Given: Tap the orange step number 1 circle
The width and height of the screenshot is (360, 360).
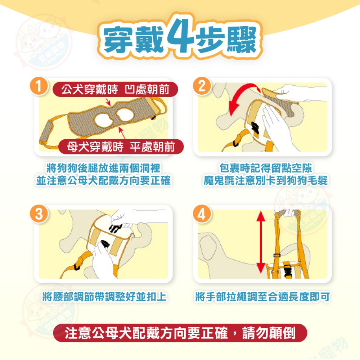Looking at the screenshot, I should coord(40,87).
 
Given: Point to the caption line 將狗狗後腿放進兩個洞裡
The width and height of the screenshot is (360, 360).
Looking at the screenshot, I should coord(104,168).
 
